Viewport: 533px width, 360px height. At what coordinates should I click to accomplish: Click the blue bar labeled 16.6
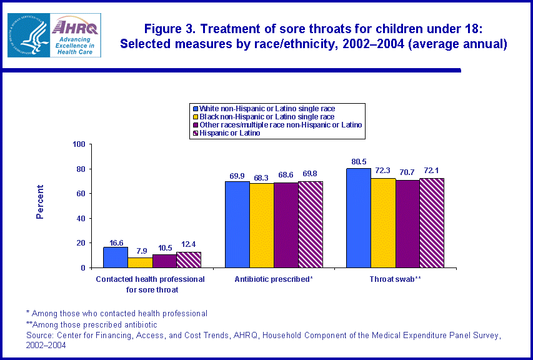[x=116, y=257]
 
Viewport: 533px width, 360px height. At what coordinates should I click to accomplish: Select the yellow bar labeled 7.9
[x=140, y=262]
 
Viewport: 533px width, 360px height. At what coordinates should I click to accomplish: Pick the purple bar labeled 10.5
[x=164, y=261]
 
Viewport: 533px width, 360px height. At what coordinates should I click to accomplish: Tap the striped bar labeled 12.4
[x=189, y=260]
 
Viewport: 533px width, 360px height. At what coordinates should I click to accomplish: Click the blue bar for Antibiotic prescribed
[x=237, y=224]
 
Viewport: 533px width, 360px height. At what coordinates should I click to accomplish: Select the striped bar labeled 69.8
[x=311, y=224]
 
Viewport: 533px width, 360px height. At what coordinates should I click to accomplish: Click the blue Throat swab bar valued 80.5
[x=359, y=218]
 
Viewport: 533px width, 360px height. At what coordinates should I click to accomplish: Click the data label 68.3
[x=262, y=176]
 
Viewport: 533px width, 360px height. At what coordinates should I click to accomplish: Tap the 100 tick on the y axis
[x=79, y=144]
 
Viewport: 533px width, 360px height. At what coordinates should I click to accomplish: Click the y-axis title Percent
[x=40, y=202]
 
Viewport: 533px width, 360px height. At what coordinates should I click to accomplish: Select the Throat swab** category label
[x=395, y=278]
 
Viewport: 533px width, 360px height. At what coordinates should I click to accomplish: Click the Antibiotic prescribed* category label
[x=274, y=278]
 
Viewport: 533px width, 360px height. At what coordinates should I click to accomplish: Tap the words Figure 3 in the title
[x=172, y=29]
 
